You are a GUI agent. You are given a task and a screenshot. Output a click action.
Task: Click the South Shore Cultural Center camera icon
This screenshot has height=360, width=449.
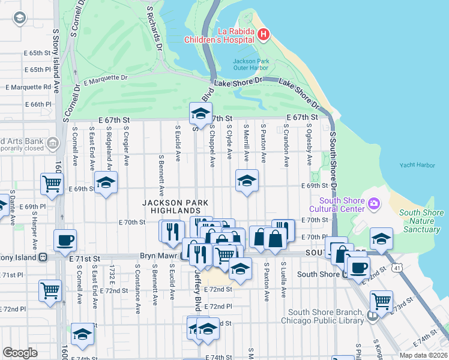click(x=375, y=205)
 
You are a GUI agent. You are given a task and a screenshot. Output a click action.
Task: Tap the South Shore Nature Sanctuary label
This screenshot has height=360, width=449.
click(x=421, y=221)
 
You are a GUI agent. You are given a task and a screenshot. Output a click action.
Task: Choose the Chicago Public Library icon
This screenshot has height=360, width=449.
click(x=373, y=316)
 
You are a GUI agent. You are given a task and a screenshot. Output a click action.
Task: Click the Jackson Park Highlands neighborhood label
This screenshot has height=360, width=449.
click(x=171, y=206)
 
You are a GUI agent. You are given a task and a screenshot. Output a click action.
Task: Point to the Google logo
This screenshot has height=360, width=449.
click(x=20, y=352)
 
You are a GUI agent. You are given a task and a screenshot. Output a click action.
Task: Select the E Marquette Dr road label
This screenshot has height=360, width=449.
click(x=106, y=79)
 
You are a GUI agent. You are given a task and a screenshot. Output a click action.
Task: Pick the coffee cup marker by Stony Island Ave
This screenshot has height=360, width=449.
click(x=65, y=240)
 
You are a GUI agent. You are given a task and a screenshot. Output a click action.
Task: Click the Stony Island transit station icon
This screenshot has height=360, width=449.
click(x=43, y=257)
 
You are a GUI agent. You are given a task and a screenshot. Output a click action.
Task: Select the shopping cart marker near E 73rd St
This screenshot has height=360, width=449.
click(x=381, y=301)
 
